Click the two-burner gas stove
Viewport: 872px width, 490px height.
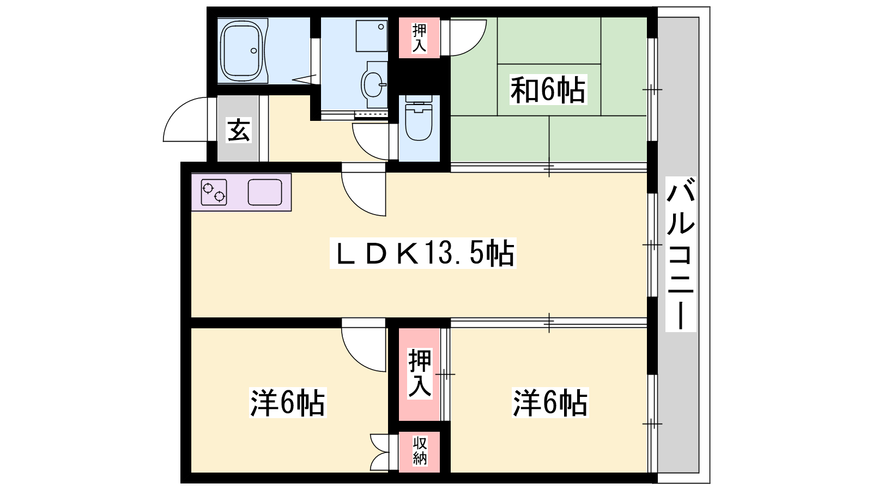pyautogui.click(x=214, y=193)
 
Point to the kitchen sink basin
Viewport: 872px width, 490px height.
pyautogui.click(x=265, y=193)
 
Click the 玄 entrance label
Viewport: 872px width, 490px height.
pyautogui.click(x=238, y=130)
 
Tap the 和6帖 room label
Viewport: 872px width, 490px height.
pyautogui.click(x=548, y=90)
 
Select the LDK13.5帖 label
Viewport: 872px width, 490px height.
pyautogui.click(x=423, y=253)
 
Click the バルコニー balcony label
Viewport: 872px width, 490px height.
pyautogui.click(x=681, y=254)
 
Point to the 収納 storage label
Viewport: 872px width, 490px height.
pyautogui.click(x=420, y=451)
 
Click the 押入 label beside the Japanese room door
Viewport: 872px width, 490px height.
pyautogui.click(x=419, y=38)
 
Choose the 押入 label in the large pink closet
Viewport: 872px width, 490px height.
pyautogui.click(x=420, y=373)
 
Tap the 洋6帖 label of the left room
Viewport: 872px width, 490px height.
pyautogui.click(x=287, y=403)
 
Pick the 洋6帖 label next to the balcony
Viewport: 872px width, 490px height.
pyautogui.click(x=550, y=403)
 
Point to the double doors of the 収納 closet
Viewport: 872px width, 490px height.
pyautogui.click(x=379, y=452)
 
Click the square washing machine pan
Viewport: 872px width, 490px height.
pyautogui.click(x=372, y=36)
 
